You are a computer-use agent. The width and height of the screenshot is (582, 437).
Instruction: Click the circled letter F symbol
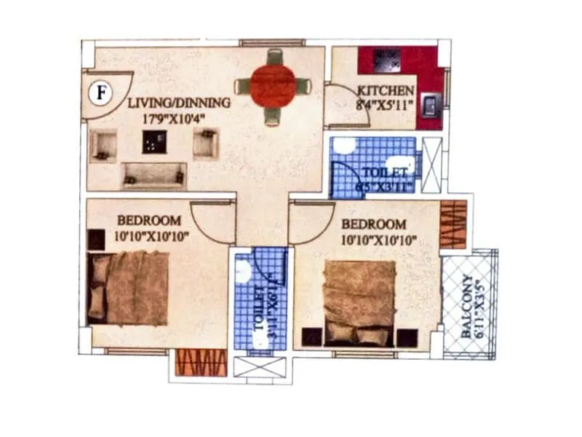point(101,93)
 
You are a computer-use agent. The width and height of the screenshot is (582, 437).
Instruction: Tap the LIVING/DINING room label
point(179,103)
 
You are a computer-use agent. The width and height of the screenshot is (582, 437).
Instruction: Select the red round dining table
point(274,87)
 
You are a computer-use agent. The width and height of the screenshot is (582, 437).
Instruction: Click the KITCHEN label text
point(386,91)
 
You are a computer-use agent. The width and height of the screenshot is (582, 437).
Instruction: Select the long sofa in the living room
point(154,175)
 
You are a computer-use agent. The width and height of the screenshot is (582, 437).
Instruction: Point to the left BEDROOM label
point(149,220)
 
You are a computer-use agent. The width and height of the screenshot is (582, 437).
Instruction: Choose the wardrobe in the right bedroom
point(453,224)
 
